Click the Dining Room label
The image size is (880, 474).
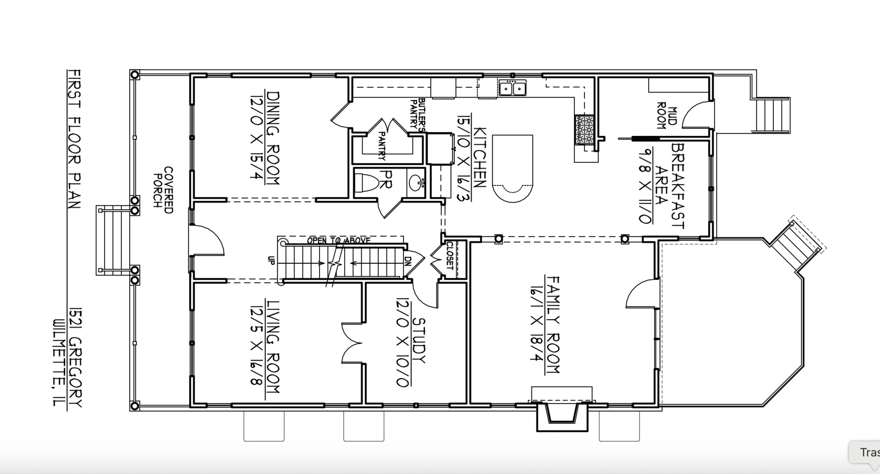[273, 138]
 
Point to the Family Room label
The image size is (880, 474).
[553, 324]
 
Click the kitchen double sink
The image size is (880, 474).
[512, 87]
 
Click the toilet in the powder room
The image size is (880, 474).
[369, 183]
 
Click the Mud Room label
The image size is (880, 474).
[661, 115]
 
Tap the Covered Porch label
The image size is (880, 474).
[164, 190]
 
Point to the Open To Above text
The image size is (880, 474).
[339, 240]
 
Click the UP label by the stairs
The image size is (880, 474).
[270, 260]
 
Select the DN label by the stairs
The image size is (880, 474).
[407, 260]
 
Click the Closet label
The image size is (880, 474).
[450, 256]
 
